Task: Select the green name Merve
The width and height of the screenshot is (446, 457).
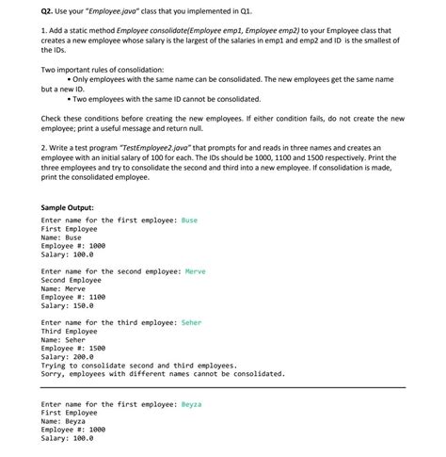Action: click(x=195, y=271)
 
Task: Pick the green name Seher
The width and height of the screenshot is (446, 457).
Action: click(x=191, y=322)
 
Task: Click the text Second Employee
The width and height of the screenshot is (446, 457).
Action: click(x=72, y=280)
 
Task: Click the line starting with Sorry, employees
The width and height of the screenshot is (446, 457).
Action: click(x=163, y=373)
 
